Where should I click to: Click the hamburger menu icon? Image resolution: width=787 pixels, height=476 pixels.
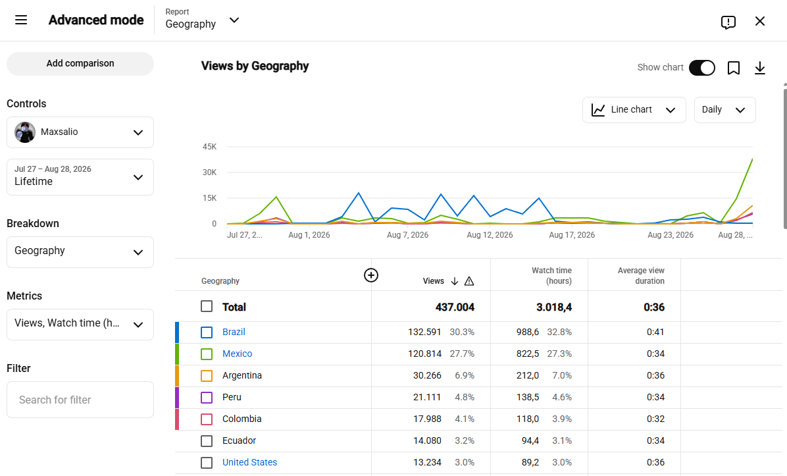(x=21, y=20)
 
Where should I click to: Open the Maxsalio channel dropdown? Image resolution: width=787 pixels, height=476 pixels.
(x=80, y=132)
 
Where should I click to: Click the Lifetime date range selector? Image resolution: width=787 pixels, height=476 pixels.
(x=80, y=177)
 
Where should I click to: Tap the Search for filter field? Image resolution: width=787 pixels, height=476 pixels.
(x=80, y=400)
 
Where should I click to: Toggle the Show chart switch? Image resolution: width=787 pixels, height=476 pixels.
(x=701, y=68)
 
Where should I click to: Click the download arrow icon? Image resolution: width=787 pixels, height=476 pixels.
(x=760, y=68)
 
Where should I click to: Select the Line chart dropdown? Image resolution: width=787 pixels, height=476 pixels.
(x=634, y=110)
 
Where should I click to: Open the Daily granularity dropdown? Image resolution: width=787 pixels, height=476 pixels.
(x=724, y=110)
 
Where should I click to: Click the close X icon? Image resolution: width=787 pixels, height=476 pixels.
(x=760, y=21)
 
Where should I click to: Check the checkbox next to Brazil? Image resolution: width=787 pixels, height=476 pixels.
(x=206, y=332)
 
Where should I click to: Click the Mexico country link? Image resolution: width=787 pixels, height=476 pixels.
(x=238, y=354)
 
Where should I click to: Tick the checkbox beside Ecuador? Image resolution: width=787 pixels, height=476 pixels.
(x=206, y=441)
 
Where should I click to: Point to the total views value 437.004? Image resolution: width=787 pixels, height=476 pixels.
(x=455, y=307)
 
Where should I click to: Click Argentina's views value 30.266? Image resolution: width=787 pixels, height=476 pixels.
(x=427, y=375)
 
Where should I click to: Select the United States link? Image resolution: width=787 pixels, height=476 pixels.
(x=249, y=462)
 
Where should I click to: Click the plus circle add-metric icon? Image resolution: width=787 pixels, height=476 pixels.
(x=371, y=275)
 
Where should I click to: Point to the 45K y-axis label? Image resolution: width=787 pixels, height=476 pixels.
(x=209, y=147)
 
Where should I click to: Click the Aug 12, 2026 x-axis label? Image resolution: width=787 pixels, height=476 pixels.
(x=490, y=235)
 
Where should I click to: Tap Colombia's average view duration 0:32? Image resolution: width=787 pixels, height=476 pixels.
(x=655, y=419)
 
